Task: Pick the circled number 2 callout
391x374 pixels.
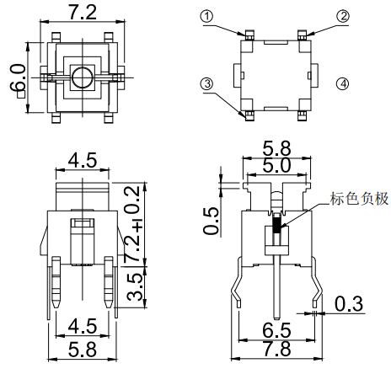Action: (x=343, y=16)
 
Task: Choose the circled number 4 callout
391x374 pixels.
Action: (x=343, y=83)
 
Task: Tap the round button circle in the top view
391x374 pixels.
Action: (x=82, y=78)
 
